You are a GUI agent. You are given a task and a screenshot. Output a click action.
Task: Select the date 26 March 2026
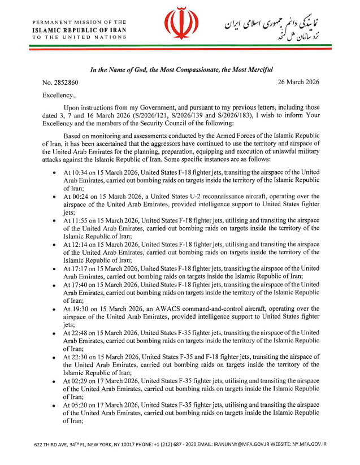(298, 82)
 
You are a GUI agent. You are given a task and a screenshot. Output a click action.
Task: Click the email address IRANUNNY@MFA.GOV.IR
(242, 444)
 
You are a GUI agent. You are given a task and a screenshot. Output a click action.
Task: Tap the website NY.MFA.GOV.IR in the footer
(310, 444)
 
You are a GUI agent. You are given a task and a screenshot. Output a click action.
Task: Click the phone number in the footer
(167, 444)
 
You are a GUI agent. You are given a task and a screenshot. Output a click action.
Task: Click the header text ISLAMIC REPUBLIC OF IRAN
(79, 29)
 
